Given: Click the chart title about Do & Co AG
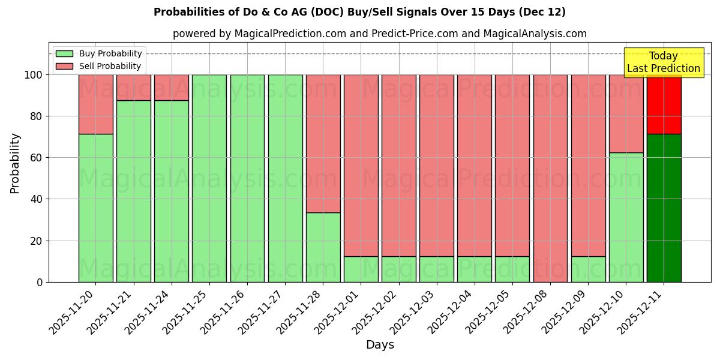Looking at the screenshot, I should (x=359, y=12).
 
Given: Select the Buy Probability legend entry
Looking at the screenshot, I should (x=99, y=53).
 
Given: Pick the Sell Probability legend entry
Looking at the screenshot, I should (x=99, y=66).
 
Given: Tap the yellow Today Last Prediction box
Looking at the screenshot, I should (x=663, y=62).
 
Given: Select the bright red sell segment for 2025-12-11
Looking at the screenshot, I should (x=664, y=104).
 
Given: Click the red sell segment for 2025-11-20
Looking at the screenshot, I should (x=95, y=104).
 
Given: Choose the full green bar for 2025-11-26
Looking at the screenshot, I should (x=247, y=178).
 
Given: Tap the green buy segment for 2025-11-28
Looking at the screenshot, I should (x=323, y=247).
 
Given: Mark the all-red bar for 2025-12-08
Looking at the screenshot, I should (x=550, y=178).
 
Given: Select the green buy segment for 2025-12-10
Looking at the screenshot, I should (x=626, y=217).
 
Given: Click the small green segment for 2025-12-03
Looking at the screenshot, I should (x=436, y=269).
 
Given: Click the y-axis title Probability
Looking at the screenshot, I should (x=15, y=163).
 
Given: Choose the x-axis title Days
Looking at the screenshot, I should (x=380, y=345).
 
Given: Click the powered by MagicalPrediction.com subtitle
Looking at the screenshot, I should (x=379, y=34).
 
